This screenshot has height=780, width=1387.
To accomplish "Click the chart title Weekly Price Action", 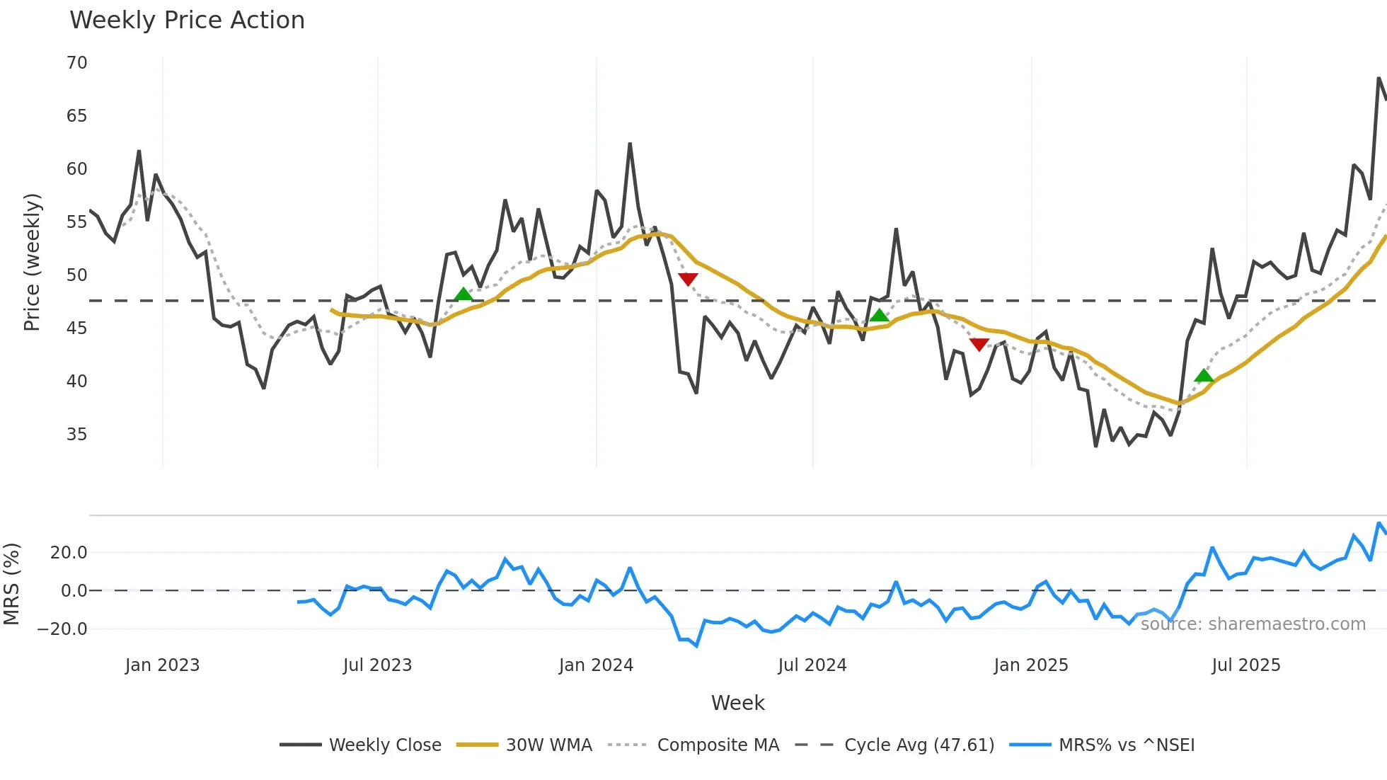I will [187, 21].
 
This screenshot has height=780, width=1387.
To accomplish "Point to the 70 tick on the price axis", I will [77, 63].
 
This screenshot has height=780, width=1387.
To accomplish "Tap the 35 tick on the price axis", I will [77, 435].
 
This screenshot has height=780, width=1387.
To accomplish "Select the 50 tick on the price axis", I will [77, 275].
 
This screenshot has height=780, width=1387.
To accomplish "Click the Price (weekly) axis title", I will [33, 262].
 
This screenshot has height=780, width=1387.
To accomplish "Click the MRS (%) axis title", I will [12, 584].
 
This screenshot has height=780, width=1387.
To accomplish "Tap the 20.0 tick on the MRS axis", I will [69, 552].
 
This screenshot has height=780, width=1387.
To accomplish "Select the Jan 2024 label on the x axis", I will [596, 665].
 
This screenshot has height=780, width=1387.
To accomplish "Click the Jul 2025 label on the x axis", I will [1245, 665].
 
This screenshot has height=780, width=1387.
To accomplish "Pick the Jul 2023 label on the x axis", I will [377, 665].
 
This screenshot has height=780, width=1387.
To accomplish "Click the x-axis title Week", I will [737, 703].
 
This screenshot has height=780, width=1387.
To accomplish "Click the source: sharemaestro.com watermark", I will [1253, 624].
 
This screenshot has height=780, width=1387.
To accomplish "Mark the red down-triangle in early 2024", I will [688, 280].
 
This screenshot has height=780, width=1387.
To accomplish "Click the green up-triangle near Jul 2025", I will [1204, 376].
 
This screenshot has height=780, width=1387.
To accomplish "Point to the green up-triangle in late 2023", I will [463, 294].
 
